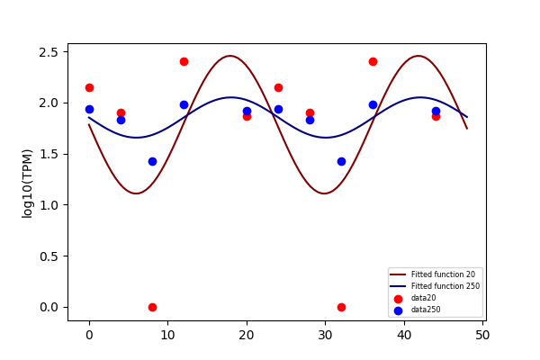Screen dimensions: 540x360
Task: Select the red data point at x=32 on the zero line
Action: point(341,307)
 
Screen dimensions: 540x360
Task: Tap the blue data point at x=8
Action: point(152,162)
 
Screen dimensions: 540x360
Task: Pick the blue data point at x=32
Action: point(341,162)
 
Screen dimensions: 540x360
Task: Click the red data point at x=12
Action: point(184,62)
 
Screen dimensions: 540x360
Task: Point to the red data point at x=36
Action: point(373,62)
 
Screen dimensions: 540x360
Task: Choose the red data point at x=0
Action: point(89,88)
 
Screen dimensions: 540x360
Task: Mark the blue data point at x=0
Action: point(89,110)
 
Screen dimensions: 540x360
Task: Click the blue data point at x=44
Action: point(436,112)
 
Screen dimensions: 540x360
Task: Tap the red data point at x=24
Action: point(278,88)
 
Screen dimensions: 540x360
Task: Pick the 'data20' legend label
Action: point(423,298)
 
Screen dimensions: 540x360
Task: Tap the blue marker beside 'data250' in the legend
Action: point(398,310)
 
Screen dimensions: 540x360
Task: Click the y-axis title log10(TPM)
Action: point(27,184)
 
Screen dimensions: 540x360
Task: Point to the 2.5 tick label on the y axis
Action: point(49,52)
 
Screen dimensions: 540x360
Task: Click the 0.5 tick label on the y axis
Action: point(49,256)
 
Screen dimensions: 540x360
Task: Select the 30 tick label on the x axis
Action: point(325,335)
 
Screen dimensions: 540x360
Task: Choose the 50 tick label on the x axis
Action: point(482,335)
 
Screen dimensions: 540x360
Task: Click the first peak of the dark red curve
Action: point(230,56)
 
